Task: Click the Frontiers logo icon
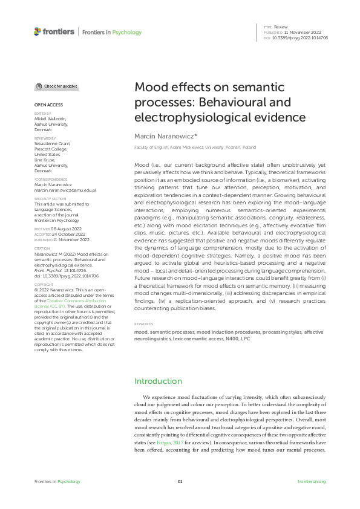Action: pyautogui.click(x=38, y=31)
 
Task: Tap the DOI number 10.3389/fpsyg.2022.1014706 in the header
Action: pyautogui.click(x=302, y=37)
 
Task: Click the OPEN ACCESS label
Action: pyautogui.click(x=48, y=105)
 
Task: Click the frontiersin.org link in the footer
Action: pyautogui.click(x=312, y=481)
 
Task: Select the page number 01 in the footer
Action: pyautogui.click(x=180, y=481)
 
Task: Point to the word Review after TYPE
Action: pyautogui.click(x=280, y=28)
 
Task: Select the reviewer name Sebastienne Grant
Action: pyautogui.click(x=52, y=143)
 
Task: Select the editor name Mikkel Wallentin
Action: pyautogui.click(x=50, y=118)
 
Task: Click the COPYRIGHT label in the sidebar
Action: pyautogui.click(x=43, y=284)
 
